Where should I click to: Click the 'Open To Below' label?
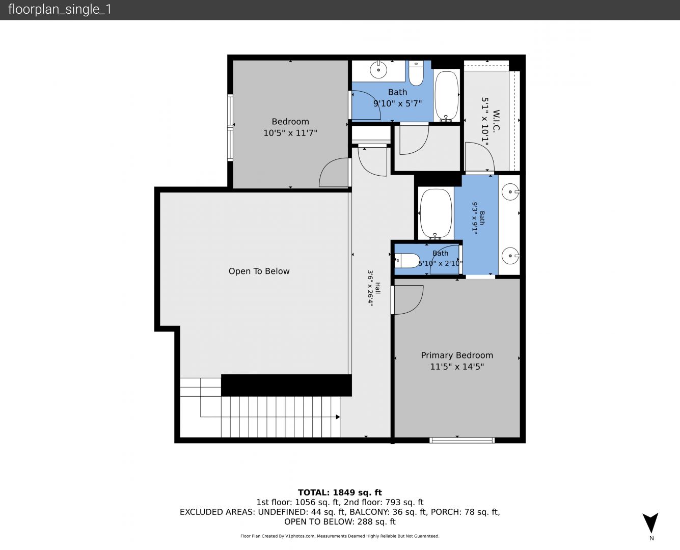[259, 271]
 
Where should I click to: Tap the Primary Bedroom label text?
[457, 355]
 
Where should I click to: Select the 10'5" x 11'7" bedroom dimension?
[290, 133]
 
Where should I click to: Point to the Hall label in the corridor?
[377, 288]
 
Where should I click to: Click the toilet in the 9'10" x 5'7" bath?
[416, 73]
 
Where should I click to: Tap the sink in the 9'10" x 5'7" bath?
[378, 69]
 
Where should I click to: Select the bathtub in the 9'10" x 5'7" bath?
[446, 96]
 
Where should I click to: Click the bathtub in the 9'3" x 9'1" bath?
[436, 213]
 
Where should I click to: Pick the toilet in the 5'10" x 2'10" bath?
[407, 261]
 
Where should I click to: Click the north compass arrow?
[650, 522]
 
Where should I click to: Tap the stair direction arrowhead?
[338, 417]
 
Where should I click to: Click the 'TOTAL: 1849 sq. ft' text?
[340, 492]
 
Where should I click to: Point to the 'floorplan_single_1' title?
[60, 10]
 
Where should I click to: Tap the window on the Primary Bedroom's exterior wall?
[462, 441]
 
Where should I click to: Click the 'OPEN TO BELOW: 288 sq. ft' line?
[340, 521]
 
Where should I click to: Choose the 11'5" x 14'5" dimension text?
[457, 367]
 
